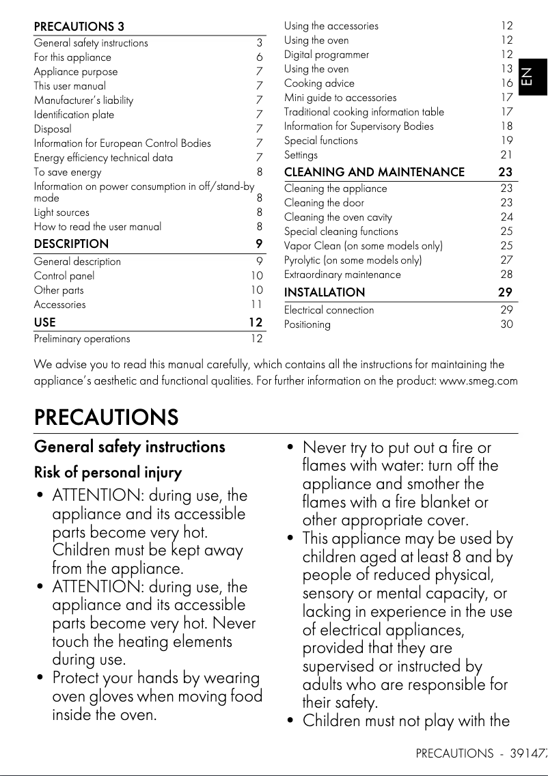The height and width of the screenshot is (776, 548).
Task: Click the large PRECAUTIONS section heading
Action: point(106,417)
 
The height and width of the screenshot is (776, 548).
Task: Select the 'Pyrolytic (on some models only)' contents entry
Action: point(353,260)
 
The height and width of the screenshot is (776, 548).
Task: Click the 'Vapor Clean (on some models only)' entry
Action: point(363,246)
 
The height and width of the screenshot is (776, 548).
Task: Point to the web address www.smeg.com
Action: point(478,380)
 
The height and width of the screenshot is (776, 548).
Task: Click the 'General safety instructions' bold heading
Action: point(129,447)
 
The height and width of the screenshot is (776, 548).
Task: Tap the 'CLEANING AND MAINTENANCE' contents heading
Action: point(374,172)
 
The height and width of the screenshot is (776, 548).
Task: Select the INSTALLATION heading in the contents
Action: point(325,292)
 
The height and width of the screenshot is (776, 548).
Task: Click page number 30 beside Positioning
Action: point(506,324)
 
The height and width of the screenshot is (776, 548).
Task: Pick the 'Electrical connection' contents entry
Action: point(329,310)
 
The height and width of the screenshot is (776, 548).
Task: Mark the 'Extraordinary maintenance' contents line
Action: point(342,275)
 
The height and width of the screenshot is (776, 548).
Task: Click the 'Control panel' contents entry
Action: point(64,276)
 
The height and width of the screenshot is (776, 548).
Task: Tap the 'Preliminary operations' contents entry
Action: point(82,339)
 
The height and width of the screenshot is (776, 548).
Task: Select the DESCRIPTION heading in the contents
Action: point(71,244)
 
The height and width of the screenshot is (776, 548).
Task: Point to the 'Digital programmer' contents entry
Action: point(327,55)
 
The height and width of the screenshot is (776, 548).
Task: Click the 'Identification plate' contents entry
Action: point(74,115)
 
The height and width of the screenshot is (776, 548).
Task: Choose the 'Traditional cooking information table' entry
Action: point(364,112)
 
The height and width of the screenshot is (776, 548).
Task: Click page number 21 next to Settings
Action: point(506,155)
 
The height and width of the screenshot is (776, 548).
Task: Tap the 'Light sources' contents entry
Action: point(61,212)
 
